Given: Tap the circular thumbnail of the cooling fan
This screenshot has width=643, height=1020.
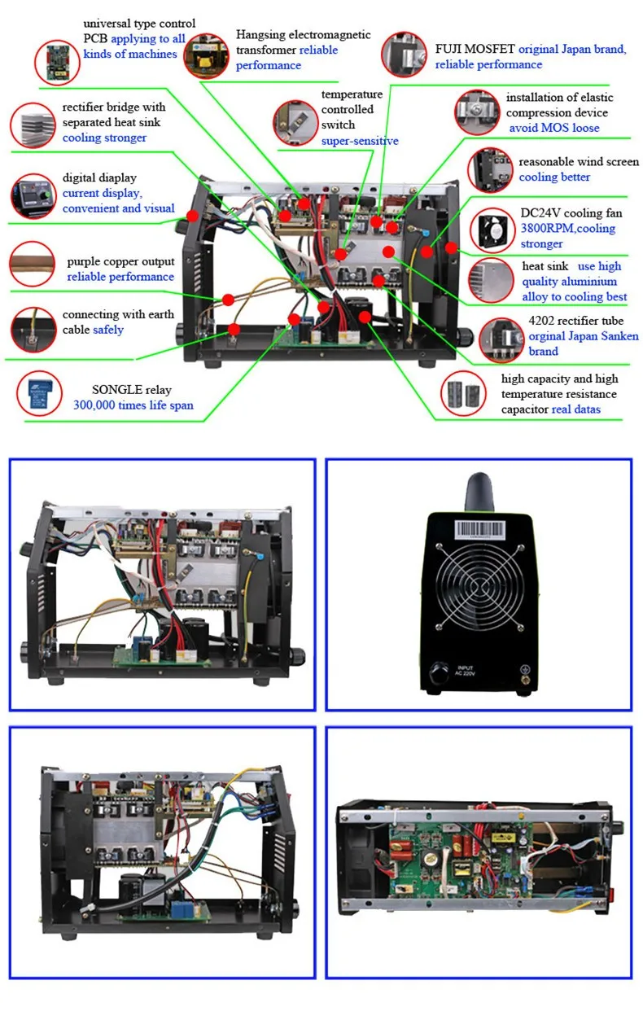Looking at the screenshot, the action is [496, 230].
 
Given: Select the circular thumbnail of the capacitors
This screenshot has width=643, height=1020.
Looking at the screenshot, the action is [463, 395].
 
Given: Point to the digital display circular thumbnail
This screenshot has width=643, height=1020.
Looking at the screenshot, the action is [33, 195].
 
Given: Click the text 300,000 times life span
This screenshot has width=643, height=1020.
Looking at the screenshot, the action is [133, 405].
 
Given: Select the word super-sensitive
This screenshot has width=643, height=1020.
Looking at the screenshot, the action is [360, 141].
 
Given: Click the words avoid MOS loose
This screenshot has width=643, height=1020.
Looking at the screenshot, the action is [554, 128].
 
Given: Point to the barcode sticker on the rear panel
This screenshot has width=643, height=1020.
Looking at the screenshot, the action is [479, 528].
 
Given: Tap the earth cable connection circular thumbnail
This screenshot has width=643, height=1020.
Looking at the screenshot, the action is [33, 330].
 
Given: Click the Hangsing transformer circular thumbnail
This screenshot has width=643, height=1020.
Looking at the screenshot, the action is [206, 55].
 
